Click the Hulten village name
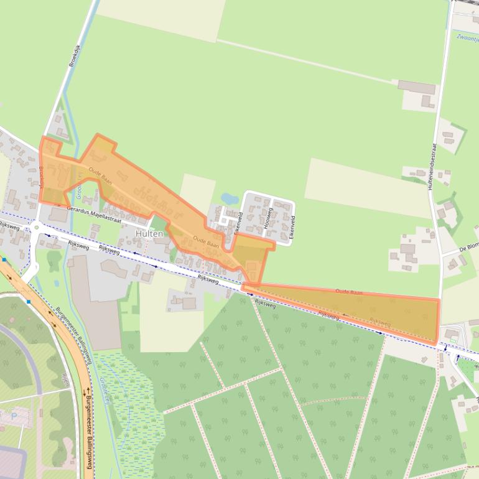coord(149,233)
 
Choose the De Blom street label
coord(469,246)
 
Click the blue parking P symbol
coord(14,414)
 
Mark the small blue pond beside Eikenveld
coord(229,199)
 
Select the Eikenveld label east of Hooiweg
coord(291,228)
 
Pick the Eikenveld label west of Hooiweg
coord(238,222)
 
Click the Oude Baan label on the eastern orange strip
coord(348,291)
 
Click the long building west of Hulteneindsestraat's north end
coord(417,87)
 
